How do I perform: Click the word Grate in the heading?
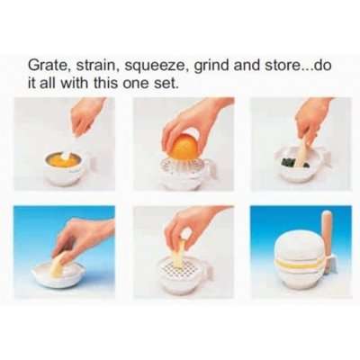pyautogui.click(x=48, y=66)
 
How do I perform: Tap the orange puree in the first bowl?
pyautogui.click(x=64, y=159)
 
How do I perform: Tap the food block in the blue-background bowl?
pyautogui.click(x=58, y=263)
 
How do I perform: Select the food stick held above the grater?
pyautogui.click(x=179, y=253)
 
